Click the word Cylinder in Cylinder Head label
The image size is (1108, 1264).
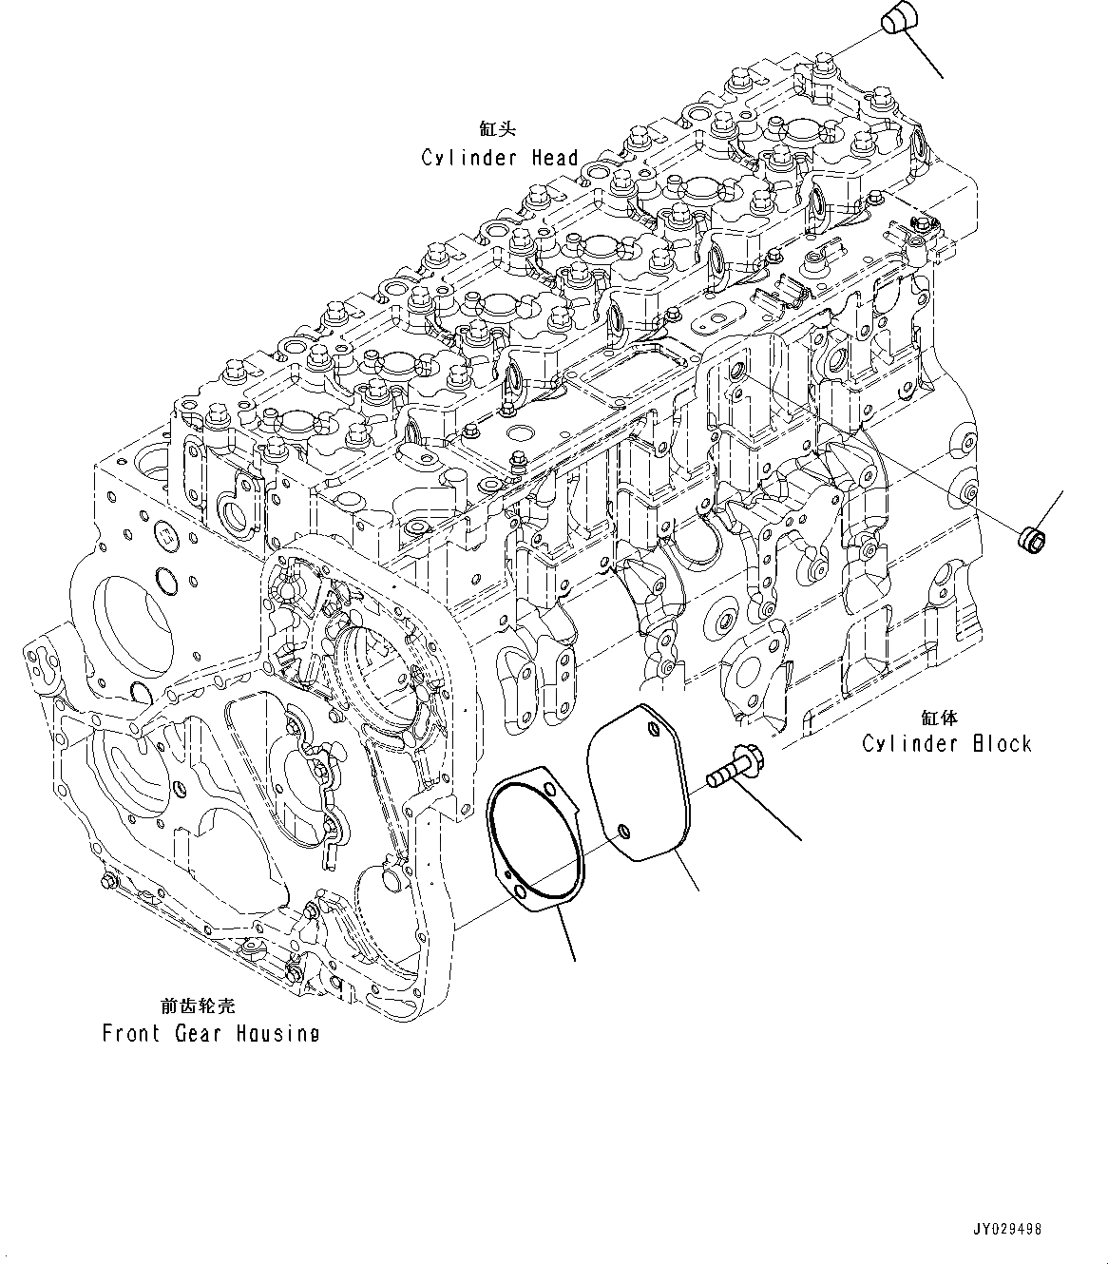(468, 158)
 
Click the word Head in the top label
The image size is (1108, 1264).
(554, 158)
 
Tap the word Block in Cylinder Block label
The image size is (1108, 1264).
(1002, 743)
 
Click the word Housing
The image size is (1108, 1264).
(282, 1033)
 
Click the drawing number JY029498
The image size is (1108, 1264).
(1007, 1229)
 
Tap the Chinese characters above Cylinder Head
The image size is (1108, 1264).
(500, 128)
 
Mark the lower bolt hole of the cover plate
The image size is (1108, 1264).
(621, 830)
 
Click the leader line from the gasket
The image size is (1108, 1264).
(566, 932)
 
